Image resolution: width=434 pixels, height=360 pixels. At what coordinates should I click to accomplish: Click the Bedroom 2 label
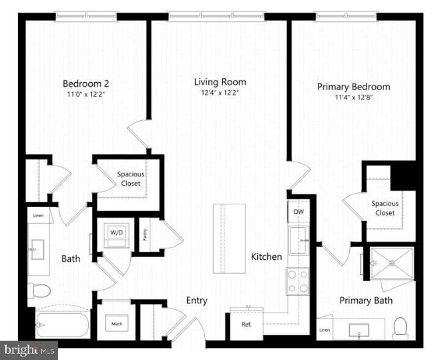[85, 83]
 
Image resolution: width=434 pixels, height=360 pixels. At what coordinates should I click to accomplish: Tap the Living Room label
[220, 82]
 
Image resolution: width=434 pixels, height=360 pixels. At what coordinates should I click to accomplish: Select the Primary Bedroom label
[353, 87]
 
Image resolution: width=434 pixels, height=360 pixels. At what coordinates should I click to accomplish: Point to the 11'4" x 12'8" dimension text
[353, 98]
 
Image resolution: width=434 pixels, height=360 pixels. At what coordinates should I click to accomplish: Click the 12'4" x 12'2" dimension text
[220, 93]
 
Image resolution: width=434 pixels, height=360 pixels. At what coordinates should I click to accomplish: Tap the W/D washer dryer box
[117, 234]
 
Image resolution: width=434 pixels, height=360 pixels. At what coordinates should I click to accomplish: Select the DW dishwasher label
[298, 212]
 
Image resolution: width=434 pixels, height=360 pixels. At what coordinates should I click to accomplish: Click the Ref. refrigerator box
[246, 324]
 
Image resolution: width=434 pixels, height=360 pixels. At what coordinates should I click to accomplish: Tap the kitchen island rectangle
[229, 237]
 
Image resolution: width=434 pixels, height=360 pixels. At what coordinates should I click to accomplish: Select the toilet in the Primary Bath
[401, 327]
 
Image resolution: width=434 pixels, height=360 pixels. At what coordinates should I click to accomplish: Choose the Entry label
[196, 301]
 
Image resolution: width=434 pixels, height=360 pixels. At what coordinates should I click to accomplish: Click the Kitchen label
[266, 256]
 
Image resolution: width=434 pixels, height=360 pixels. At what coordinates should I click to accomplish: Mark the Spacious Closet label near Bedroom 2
[131, 179]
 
